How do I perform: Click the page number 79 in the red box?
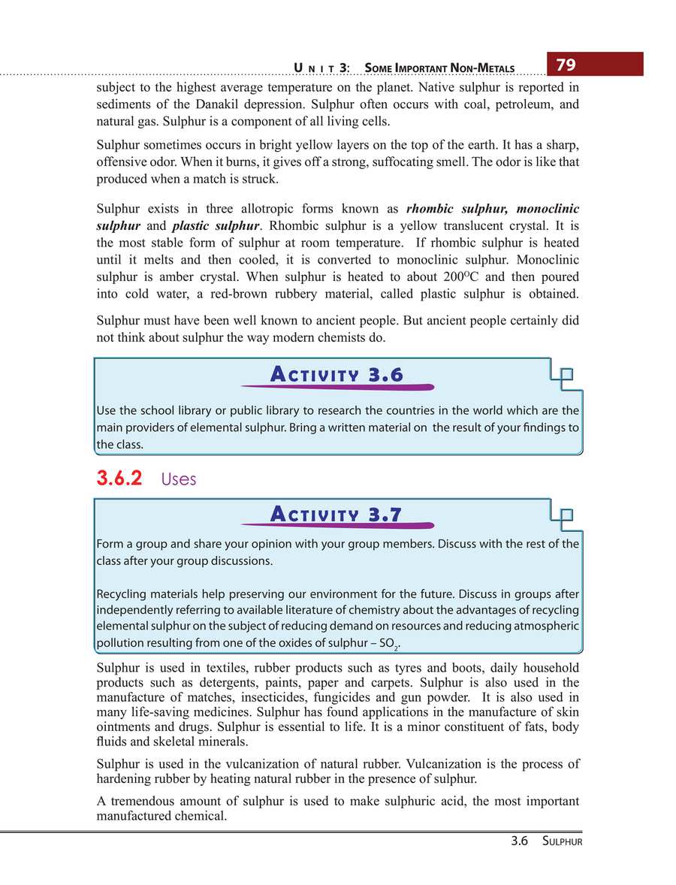tap(566, 65)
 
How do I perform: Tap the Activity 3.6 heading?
tap(336, 374)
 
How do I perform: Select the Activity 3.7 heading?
tap(336, 514)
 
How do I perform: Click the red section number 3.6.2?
tap(119, 479)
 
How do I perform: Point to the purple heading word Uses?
tap(179, 479)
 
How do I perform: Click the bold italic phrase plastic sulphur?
tap(216, 226)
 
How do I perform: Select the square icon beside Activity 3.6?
tap(565, 375)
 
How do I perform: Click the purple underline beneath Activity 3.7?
tap(337, 527)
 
